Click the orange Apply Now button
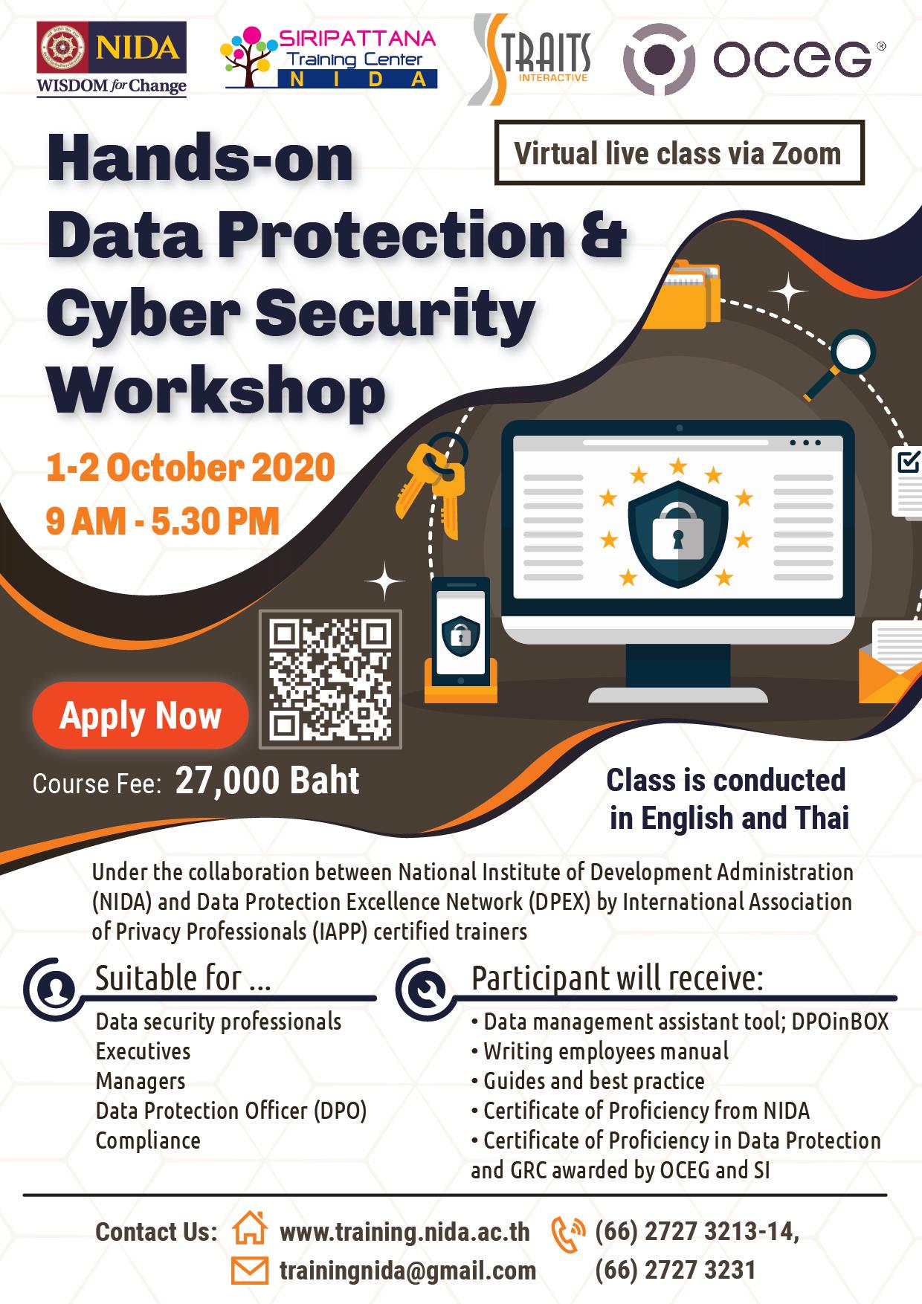point(140,715)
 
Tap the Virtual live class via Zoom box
point(679,153)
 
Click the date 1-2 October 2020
point(190,468)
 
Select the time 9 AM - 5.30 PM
point(163,520)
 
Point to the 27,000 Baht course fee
point(268,781)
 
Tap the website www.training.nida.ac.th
point(404,1232)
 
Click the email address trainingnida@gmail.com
point(407,1271)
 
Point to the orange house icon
point(250,1229)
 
